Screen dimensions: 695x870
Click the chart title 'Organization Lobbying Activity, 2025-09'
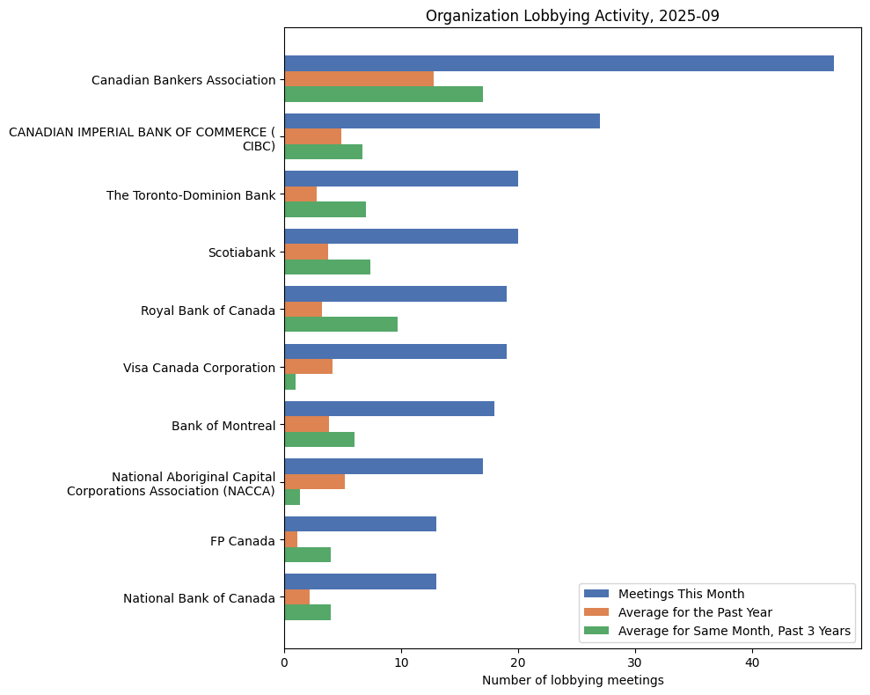[x=572, y=16]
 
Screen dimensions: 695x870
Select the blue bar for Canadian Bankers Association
[x=559, y=63]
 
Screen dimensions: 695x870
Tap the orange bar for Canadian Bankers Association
[x=359, y=79]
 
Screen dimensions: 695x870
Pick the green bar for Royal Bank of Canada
[x=340, y=324]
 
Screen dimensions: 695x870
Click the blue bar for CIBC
[x=442, y=121]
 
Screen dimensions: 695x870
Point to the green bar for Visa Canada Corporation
[x=290, y=382]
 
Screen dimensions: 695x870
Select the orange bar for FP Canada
[x=291, y=539]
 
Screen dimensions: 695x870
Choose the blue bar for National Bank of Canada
[x=360, y=582]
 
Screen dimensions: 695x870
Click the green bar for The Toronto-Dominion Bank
[x=325, y=209]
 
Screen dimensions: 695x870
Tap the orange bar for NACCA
[x=314, y=481]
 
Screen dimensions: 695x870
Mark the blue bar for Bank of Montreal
[x=389, y=409]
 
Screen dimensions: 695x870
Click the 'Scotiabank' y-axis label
[x=241, y=252]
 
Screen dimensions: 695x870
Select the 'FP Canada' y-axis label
[x=242, y=541]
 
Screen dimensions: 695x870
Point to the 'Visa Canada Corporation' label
[x=199, y=368]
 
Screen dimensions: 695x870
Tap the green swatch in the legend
[x=596, y=631]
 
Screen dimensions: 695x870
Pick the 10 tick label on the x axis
[x=401, y=662]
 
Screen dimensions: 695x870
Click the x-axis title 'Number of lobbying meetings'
[x=572, y=680]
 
